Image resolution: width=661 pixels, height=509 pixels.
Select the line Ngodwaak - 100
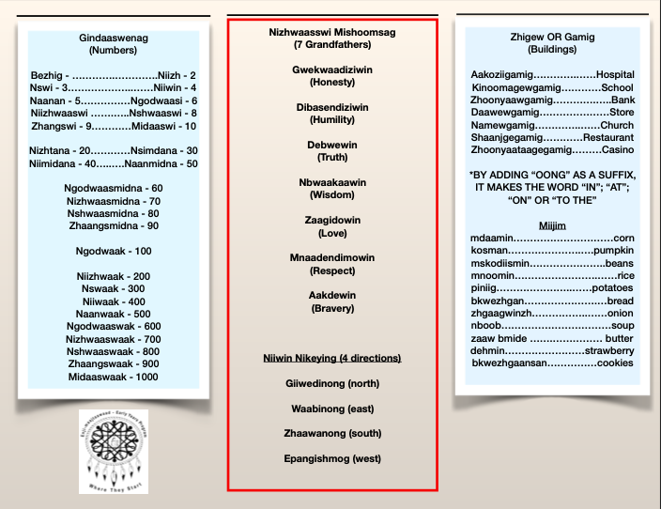tap(113, 251)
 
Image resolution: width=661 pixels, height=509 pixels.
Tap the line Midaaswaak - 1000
tap(113, 377)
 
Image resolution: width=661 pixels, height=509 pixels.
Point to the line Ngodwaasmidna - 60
tap(113, 188)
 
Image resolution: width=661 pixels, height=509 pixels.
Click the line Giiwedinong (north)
tap(331, 383)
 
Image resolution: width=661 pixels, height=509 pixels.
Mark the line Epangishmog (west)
tap(331, 458)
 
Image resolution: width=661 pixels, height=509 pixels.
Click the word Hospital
tap(615, 74)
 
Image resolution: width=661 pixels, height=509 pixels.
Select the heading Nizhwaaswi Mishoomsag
tap(331, 32)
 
